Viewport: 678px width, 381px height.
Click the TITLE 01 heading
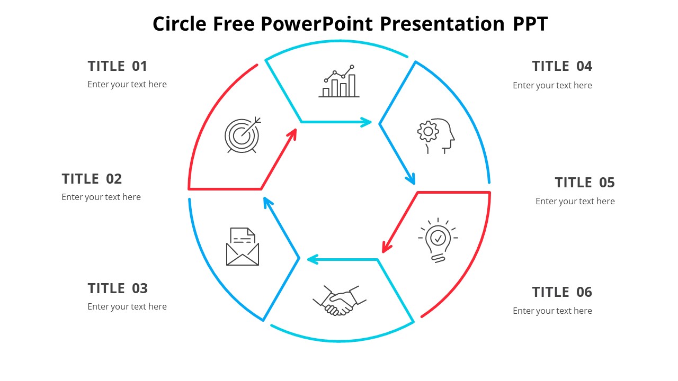coord(117,66)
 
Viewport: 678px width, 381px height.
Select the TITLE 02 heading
coord(92,179)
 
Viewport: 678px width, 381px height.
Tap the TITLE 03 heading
coord(117,288)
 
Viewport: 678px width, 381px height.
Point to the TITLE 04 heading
coord(561,66)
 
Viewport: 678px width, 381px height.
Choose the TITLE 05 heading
coord(584,183)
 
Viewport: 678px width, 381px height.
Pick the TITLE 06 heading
coord(561,292)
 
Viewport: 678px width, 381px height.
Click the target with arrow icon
coord(243,135)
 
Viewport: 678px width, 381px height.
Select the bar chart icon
coord(339,82)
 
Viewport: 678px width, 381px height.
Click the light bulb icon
coord(438,240)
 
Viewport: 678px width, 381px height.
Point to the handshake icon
coord(339,301)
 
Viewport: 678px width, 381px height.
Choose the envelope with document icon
coord(243,247)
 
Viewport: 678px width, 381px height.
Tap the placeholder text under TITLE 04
coord(552,85)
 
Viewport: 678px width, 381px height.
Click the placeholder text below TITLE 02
coord(101,197)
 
